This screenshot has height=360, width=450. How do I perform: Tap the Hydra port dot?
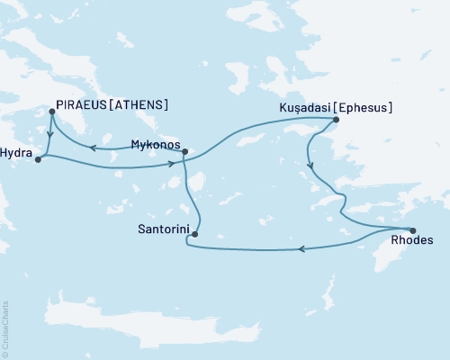click(x=37, y=159)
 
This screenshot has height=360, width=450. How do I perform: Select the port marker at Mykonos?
click(x=184, y=152)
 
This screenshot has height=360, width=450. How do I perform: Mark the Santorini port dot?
click(x=194, y=236)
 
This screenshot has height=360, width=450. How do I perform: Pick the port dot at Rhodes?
click(x=412, y=229)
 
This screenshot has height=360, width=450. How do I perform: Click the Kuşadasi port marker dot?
click(x=336, y=120)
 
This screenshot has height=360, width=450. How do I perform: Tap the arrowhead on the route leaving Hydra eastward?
click(x=170, y=164)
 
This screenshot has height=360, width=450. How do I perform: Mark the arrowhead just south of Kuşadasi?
click(x=310, y=165)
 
